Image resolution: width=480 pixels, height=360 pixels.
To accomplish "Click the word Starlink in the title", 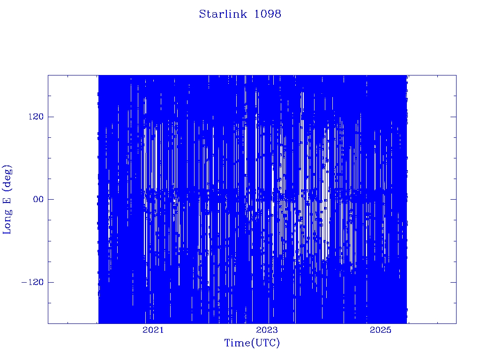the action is (223, 14).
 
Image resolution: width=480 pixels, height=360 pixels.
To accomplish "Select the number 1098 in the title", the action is (268, 14).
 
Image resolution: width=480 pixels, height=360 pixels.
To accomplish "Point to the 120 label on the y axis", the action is (36, 117).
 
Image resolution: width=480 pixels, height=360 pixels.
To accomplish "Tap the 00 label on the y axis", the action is (38, 199).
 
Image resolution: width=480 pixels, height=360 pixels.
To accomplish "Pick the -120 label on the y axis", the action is (32, 282).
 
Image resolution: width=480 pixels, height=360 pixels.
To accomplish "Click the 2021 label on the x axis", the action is (153, 330).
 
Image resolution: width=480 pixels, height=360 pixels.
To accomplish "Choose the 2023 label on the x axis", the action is (267, 330).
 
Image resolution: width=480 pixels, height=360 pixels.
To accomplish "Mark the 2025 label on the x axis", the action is (381, 330).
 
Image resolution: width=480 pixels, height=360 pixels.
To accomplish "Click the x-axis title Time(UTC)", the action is (252, 343).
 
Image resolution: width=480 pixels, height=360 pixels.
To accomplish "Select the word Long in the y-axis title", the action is (7, 222).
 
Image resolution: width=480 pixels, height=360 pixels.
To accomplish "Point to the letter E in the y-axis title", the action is (7, 200).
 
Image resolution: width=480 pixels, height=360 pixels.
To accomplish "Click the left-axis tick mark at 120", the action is (51, 117).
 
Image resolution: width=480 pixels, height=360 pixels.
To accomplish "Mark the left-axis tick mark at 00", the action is (51, 199).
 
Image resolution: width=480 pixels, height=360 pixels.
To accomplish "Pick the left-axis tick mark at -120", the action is (51, 282).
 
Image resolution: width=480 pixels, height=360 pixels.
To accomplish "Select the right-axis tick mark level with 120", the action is (453, 117).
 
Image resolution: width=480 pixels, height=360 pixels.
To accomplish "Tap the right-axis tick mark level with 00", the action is (453, 199).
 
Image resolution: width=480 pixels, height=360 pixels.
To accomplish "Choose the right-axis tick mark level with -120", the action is (453, 282).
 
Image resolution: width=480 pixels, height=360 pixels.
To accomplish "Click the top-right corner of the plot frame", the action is (456, 75).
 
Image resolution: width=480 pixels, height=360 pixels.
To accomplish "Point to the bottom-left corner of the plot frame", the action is (48, 323).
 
